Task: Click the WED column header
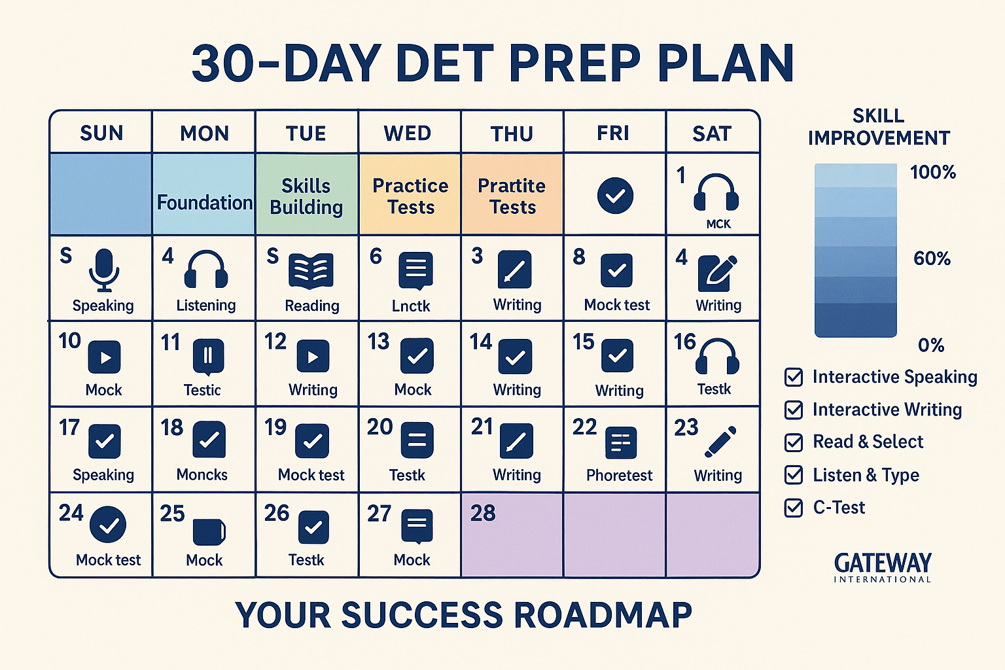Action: click(408, 133)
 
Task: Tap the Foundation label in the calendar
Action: click(205, 203)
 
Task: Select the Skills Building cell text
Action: click(306, 196)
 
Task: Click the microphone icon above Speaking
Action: click(103, 269)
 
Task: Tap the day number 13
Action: click(378, 342)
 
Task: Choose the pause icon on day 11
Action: click(209, 356)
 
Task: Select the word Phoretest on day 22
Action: click(619, 475)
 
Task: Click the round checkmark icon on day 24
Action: click(108, 525)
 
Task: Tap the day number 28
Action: click(483, 514)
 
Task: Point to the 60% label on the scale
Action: click(932, 258)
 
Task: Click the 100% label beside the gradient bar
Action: click(933, 173)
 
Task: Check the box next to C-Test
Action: click(794, 508)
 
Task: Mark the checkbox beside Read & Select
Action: click(794, 442)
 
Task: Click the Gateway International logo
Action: click(883, 567)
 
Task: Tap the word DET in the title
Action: click(444, 64)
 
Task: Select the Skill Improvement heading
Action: click(879, 127)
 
